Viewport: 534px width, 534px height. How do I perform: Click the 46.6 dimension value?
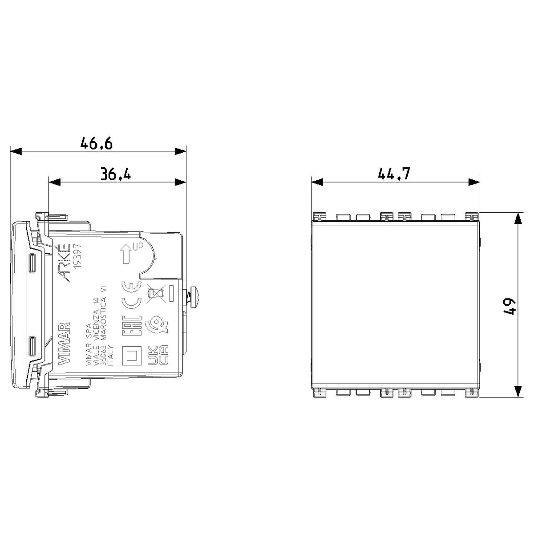(x=97, y=144)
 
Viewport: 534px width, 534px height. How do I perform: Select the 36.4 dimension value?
(x=115, y=174)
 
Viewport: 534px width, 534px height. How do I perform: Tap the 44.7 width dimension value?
(x=393, y=174)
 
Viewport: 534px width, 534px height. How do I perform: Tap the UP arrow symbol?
(x=126, y=254)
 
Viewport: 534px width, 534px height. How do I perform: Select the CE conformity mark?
(x=132, y=295)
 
